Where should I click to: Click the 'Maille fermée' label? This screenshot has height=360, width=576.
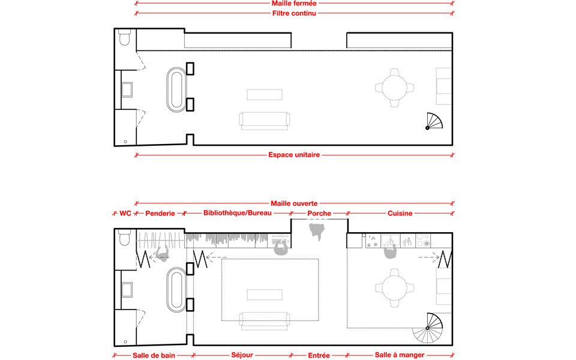tap(294, 4)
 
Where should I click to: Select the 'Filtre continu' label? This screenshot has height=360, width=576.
tap(294, 13)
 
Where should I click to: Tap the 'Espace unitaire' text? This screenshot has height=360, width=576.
tap(294, 155)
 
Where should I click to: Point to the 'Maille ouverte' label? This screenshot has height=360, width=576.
tap(294, 203)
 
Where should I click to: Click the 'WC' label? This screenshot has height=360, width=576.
tap(125, 213)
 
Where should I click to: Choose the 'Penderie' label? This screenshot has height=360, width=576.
tap(160, 213)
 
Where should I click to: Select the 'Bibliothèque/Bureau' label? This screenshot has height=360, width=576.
tap(238, 213)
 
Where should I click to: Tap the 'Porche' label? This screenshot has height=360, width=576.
tap(319, 213)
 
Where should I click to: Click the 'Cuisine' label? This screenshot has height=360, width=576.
tap(400, 213)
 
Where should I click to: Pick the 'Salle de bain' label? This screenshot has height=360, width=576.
tap(154, 355)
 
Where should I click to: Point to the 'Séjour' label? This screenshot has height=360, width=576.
tap(242, 355)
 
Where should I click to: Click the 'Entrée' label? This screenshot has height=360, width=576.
tap(319, 355)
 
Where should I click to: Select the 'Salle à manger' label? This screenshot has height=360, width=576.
tap(400, 355)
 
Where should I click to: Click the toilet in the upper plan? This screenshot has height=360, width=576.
tap(125, 37)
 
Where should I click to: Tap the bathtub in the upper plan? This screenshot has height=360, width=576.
tap(176, 89)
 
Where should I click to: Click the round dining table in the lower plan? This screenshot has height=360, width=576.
tap(395, 288)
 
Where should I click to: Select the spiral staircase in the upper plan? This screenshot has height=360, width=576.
tap(434, 121)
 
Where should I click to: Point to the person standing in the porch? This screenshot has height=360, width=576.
tap(317, 230)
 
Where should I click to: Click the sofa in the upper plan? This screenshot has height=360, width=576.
tap(265, 121)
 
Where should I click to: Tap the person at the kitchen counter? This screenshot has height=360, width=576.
tap(391, 251)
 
